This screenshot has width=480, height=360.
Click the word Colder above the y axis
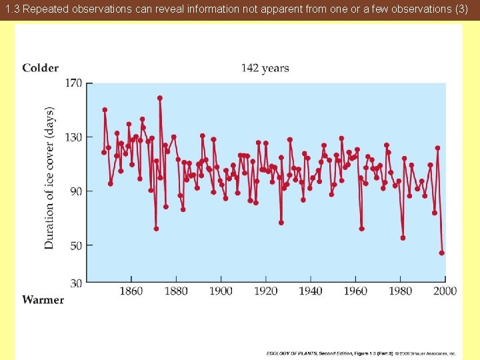coord(40,68)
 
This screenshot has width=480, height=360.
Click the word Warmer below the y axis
coord(43,300)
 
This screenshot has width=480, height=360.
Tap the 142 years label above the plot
coord(265,68)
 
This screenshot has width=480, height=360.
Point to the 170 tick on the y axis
coord(73,83)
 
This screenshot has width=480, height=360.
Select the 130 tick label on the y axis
coord(73,137)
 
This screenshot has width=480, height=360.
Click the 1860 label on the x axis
coord(131,291)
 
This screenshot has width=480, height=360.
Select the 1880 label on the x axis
coord(176,291)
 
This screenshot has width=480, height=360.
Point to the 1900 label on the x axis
coord(221,291)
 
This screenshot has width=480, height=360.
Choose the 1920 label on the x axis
coord(265,291)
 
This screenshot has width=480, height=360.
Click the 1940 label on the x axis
coord(310,291)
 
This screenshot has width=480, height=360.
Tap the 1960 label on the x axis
coord(355,291)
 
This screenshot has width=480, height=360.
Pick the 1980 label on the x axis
coord(400,291)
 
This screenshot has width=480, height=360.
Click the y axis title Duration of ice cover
coord(50,178)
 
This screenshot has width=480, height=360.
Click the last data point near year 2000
coord(441,253)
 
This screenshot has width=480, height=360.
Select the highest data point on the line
coord(160,98)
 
